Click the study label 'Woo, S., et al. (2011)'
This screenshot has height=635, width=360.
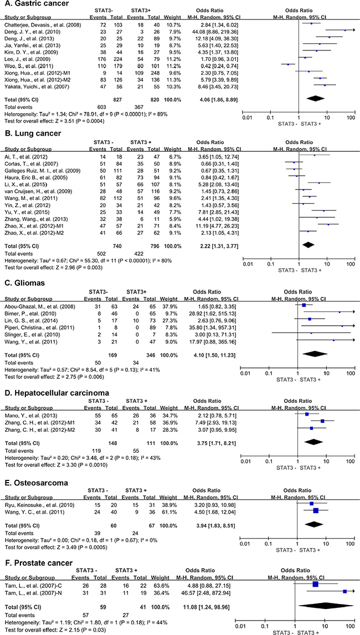pyautogui.click(x=30, y=64)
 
